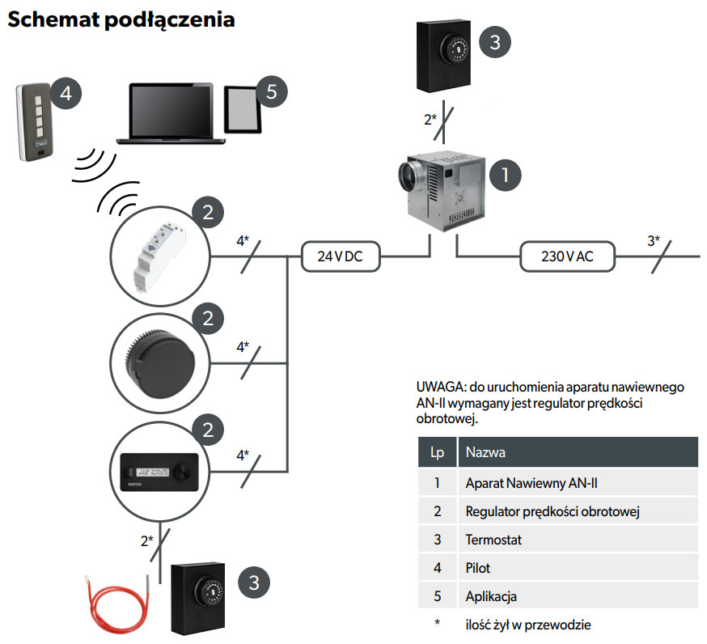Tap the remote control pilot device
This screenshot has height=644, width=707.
tap(33, 121)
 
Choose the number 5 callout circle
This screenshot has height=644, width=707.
tap(272, 92)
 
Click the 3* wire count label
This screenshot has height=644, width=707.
tap(654, 240)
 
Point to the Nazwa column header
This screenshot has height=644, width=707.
tap(485, 452)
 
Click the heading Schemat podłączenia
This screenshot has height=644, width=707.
tap(121, 20)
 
